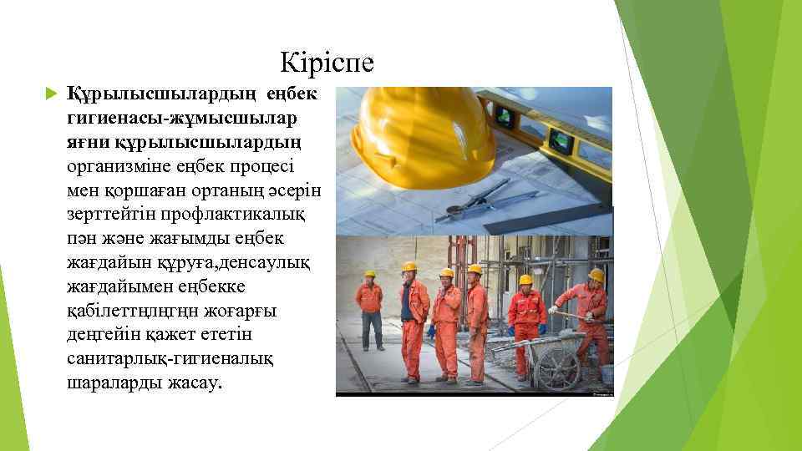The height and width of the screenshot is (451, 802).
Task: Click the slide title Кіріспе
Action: [327, 63]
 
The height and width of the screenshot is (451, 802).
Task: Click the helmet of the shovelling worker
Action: [596, 275]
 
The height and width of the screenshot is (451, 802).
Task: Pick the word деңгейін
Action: [102, 334]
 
